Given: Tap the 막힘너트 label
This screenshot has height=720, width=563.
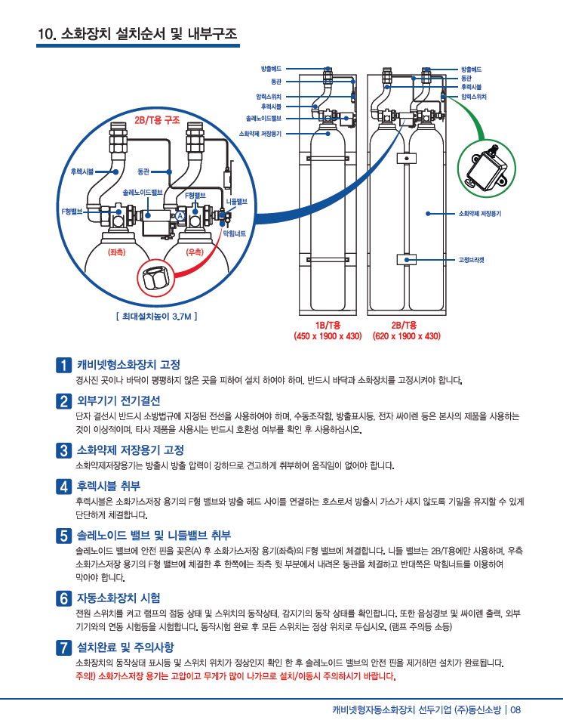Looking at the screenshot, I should click(x=233, y=233).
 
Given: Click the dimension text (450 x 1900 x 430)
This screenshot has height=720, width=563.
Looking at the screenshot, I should click(x=328, y=335).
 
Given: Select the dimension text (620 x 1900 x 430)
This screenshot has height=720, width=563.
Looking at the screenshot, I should click(x=407, y=335).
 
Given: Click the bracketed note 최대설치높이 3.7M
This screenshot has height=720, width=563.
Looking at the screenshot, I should click(x=157, y=317).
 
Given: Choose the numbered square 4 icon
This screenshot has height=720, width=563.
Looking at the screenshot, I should click(x=65, y=485).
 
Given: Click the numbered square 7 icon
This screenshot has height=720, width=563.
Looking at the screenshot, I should click(x=65, y=647).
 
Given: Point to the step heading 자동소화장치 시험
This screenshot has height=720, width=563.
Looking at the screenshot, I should click(x=119, y=598).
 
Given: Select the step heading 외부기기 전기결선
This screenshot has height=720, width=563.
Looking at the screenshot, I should click(x=119, y=400).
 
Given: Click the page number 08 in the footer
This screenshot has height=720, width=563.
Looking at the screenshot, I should click(x=516, y=709).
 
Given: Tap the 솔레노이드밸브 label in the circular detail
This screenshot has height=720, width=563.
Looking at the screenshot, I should click(x=143, y=193).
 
